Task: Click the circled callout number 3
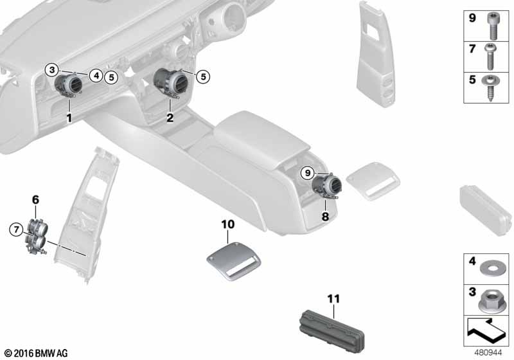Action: click(52, 69)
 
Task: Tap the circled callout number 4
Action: click(96, 76)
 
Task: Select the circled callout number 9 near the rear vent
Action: click(308, 172)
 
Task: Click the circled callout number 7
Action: click(16, 230)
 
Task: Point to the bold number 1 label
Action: click(69, 118)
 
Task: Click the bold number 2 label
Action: click(170, 118)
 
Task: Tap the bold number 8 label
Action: click(325, 216)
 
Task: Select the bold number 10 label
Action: click(228, 224)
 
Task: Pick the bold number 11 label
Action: click(333, 299)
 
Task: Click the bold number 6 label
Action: click(35, 199)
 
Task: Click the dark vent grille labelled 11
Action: click(332, 330)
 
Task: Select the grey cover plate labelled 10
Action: click(233, 260)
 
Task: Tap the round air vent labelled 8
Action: click(326, 186)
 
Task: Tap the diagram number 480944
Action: click(488, 353)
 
